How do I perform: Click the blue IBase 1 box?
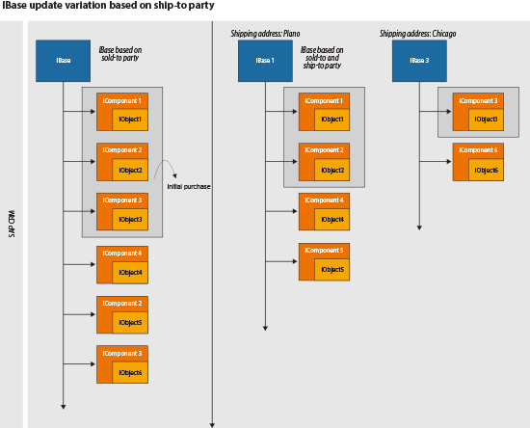pos(265,61)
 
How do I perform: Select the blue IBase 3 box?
pos(419,61)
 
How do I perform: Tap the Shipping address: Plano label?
pos(265,34)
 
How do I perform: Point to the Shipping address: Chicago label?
pos(418,34)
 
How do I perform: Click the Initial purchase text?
pos(189,187)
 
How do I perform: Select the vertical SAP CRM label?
pos(12,224)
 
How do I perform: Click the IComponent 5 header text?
pos(324,251)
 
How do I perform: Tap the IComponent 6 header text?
pos(478,150)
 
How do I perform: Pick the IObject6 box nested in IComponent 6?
pos(486,170)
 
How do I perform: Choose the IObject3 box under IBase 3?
pos(486,120)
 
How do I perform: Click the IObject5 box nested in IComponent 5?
pos(331,270)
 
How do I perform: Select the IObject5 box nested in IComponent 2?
pos(130,323)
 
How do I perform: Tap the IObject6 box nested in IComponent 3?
pos(130,372)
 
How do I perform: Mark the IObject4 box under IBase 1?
pos(331,220)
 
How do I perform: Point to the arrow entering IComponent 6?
pos(436,162)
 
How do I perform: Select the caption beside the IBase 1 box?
pos(322,58)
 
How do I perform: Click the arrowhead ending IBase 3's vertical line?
pos(419,227)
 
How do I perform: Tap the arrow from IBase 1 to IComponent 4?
pos(281,211)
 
